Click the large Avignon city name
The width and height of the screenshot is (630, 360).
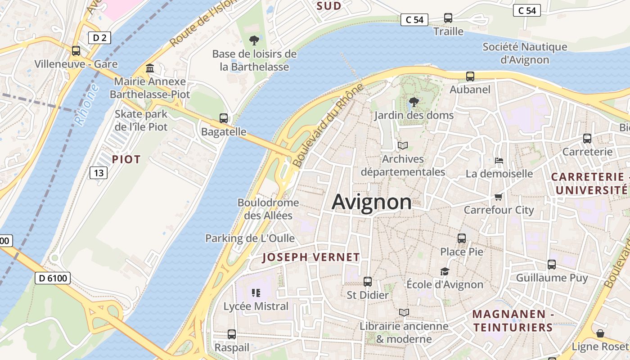371,202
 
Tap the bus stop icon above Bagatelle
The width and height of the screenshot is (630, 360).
224,118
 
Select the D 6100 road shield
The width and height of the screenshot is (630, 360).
53,278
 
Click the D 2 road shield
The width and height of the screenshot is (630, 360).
99,38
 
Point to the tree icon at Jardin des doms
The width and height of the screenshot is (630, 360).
414,102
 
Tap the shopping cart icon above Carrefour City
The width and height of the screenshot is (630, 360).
498,197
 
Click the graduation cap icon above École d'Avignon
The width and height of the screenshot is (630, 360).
445,271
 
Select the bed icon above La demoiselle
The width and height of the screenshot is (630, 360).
499,160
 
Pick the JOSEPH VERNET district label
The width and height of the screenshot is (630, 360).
311,257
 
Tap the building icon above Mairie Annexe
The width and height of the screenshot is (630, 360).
150,68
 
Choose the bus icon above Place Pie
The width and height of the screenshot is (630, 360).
462,238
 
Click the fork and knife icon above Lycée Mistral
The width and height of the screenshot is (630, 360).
256,293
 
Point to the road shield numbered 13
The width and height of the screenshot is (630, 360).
99,172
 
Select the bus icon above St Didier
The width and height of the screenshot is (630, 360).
368,282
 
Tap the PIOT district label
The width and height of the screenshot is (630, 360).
126,159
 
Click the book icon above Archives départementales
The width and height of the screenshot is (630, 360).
402,146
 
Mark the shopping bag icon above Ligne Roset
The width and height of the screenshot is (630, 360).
600,333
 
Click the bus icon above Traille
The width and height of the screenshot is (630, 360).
448,18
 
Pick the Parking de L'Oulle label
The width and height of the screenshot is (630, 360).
250,238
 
